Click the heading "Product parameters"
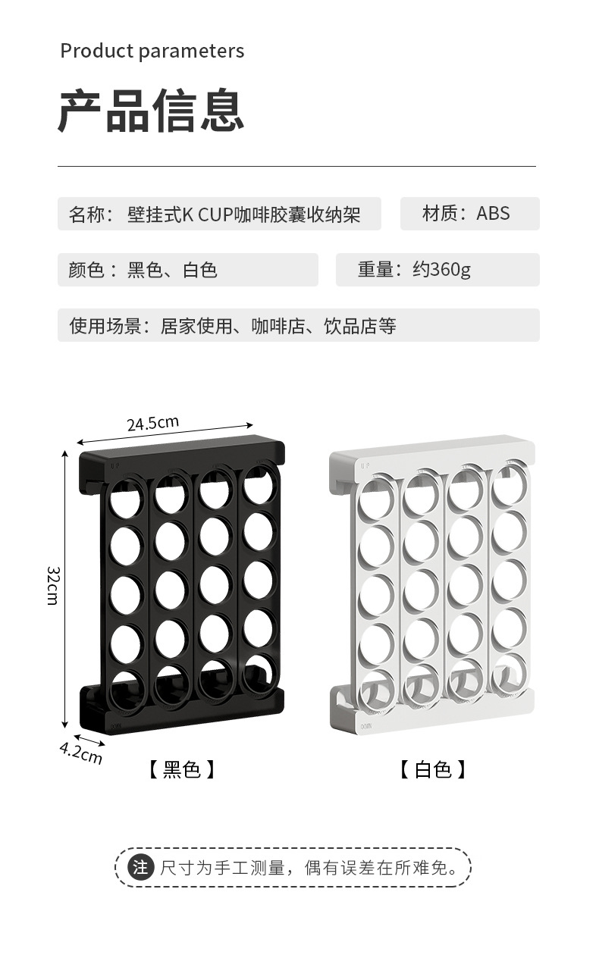point(152,51)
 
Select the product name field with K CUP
point(219,214)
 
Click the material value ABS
point(493,214)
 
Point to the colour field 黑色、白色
point(172,270)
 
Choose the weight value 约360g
point(441,270)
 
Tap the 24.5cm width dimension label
point(153,422)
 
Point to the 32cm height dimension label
point(52,585)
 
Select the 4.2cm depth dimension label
point(81,753)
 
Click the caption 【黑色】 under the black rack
point(181,769)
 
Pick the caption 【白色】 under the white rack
point(433,769)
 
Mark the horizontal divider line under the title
point(296,166)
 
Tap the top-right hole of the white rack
point(506,489)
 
